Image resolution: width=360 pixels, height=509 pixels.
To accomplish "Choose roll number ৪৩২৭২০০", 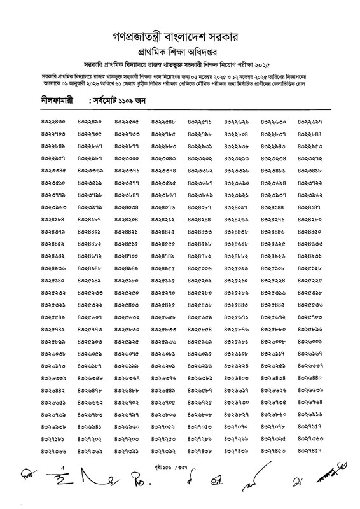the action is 127,438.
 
